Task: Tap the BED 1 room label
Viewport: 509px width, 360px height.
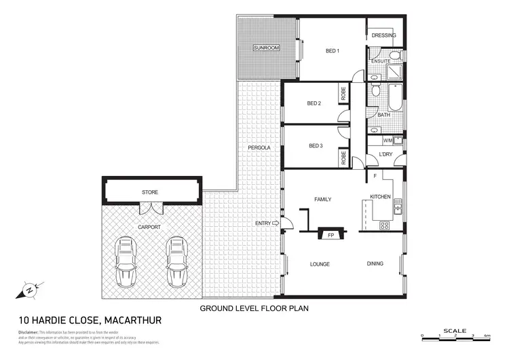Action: [332, 50]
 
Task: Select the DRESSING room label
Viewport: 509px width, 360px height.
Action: [384, 35]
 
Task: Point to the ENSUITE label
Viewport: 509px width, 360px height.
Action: [380, 61]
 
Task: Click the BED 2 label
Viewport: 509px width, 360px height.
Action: [314, 103]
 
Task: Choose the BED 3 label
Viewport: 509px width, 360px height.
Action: [316, 145]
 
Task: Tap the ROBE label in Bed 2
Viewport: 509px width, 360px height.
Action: [343, 94]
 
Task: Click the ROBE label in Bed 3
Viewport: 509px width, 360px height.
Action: [343, 158]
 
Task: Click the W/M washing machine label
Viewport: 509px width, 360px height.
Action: [388, 141]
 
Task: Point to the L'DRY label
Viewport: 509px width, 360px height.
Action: [386, 155]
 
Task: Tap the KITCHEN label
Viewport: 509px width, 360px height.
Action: [380, 196]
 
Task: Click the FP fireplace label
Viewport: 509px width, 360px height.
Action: [331, 235]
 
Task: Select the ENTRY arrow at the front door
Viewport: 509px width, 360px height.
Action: [276, 223]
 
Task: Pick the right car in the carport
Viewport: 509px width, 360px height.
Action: [176, 262]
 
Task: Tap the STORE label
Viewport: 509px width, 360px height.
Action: [150, 192]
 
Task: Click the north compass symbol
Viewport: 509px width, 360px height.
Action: [30, 289]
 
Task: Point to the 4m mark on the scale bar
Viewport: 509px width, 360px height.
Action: [487, 336]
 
